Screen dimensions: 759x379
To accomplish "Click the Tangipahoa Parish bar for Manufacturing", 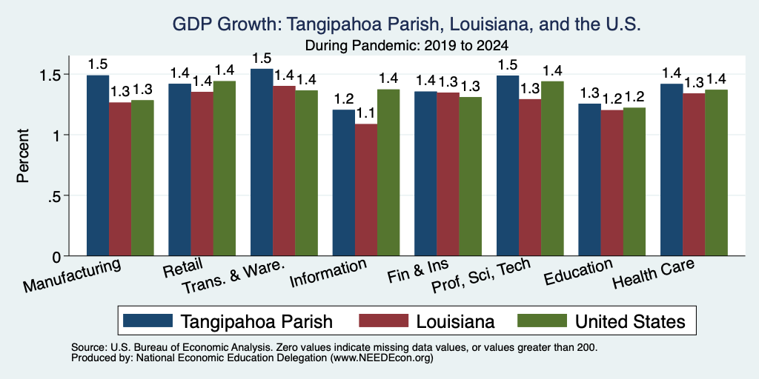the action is (x=98, y=165).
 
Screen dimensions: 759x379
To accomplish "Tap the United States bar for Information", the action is (x=388, y=172).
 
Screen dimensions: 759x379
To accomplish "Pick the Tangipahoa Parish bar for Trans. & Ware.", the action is (x=262, y=162).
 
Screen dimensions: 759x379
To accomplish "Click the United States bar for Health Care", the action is (x=717, y=172).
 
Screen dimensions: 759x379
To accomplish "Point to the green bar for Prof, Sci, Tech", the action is (x=552, y=169).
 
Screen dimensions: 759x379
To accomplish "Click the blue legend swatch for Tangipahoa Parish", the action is (x=148, y=321).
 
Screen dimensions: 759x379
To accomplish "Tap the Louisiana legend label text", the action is (x=454, y=321).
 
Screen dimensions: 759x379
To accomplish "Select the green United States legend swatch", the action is (x=542, y=321).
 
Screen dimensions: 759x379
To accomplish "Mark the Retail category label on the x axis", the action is (x=183, y=269).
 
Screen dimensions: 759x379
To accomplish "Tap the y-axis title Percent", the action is (x=23, y=155).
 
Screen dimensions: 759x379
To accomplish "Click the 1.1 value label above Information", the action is (x=366, y=114).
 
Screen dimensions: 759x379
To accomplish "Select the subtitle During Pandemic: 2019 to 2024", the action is (x=407, y=46).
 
